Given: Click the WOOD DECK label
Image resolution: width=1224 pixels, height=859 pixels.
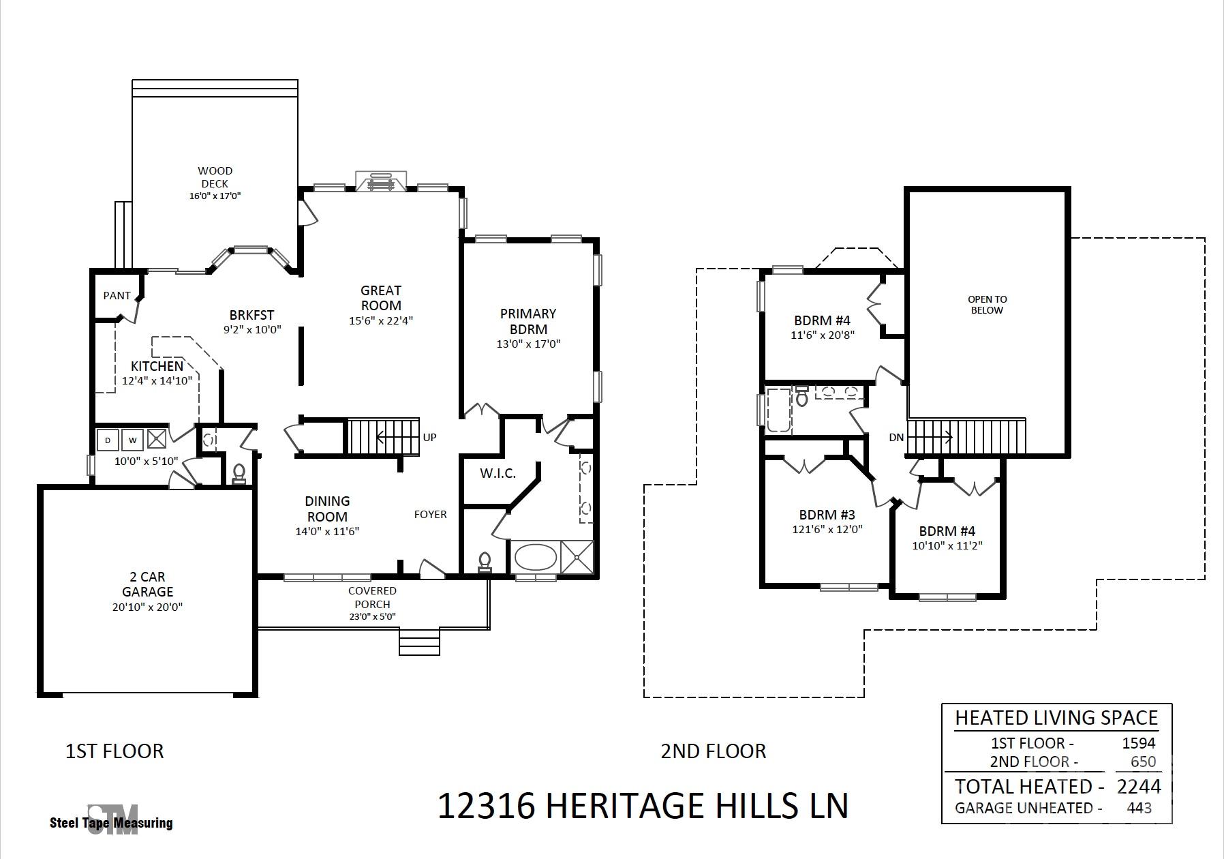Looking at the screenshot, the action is pyautogui.click(x=215, y=177).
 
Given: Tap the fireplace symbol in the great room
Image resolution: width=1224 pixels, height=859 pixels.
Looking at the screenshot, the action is pyautogui.click(x=381, y=181).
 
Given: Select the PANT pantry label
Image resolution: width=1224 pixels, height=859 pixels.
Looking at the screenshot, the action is pyautogui.click(x=117, y=296).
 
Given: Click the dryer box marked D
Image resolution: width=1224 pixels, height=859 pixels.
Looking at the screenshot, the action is pyautogui.click(x=108, y=440).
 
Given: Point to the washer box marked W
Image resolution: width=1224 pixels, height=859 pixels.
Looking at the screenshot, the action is pyautogui.click(x=133, y=440).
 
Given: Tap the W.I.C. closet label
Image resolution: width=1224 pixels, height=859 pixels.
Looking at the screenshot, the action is pyautogui.click(x=498, y=473).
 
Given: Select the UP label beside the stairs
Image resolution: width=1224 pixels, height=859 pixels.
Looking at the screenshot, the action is pyautogui.click(x=429, y=438).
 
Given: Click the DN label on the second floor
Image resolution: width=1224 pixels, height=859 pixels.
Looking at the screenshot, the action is pyautogui.click(x=896, y=437).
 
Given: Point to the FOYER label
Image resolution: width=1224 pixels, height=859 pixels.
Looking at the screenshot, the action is pyautogui.click(x=431, y=515).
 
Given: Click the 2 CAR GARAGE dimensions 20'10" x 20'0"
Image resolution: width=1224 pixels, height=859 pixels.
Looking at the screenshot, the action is pyautogui.click(x=148, y=607).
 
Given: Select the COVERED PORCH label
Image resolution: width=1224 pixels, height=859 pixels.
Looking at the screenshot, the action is pyautogui.click(x=372, y=597).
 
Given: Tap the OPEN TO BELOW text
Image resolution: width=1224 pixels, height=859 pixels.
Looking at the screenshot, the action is pyautogui.click(x=988, y=305).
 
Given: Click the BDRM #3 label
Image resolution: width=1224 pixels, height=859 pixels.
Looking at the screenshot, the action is pyautogui.click(x=827, y=515).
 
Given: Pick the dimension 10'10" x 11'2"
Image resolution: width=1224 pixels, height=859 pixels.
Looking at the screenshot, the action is pyautogui.click(x=947, y=545).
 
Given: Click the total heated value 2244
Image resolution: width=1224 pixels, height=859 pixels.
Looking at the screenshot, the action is pyautogui.click(x=1139, y=787).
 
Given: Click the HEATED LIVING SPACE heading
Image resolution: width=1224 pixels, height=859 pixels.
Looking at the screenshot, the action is pyautogui.click(x=1056, y=718).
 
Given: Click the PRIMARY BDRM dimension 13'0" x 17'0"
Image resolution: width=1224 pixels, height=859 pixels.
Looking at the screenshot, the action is pyautogui.click(x=528, y=344).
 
